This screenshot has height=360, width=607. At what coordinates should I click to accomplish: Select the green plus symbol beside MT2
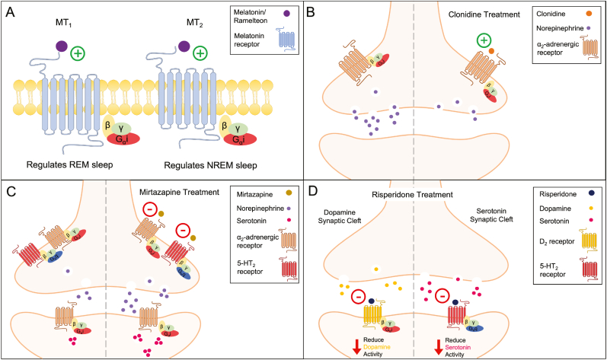tap(200, 53)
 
